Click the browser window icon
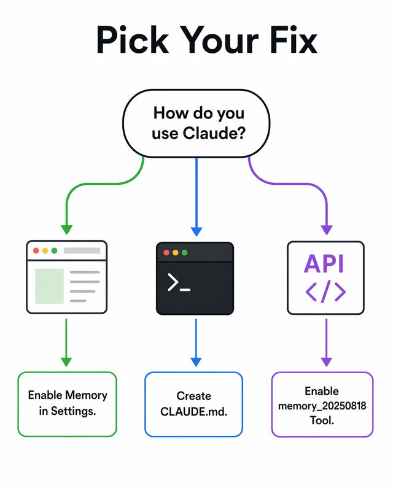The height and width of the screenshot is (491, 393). [66, 277]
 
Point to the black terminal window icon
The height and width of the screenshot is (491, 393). [196, 278]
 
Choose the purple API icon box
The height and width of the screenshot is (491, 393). [325, 278]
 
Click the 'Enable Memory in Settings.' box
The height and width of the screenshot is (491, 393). [67, 404]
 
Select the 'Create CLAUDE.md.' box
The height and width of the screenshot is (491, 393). [193, 404]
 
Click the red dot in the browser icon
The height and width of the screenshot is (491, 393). [36, 251]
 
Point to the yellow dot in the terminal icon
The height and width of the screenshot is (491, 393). [175, 253]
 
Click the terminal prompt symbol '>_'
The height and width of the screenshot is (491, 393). [179, 283]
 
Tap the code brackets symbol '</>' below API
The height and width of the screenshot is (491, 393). [325, 292]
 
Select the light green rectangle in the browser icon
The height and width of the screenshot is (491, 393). [49, 286]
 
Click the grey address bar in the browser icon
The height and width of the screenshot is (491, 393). [82, 251]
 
